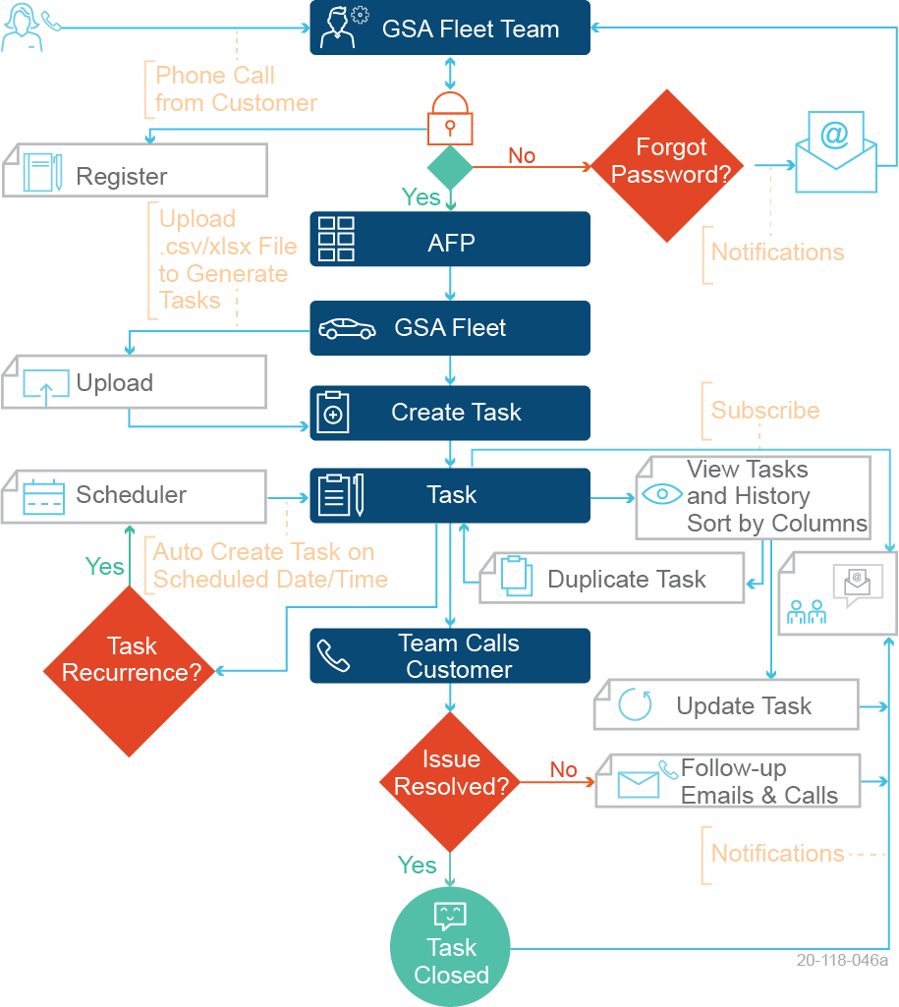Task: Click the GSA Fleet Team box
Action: point(450,28)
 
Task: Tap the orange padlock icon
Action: point(450,119)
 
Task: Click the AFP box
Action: point(450,239)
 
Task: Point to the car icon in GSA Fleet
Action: point(347,328)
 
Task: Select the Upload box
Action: point(135,382)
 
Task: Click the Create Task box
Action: point(450,413)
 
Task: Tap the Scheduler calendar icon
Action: point(43,496)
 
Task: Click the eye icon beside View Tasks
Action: point(661,494)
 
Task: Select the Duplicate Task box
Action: point(611,579)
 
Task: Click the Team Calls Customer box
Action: point(450,656)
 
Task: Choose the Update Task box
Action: point(726,704)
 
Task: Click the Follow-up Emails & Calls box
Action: point(728,782)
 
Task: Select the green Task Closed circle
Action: point(451,947)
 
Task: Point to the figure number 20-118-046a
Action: point(842,960)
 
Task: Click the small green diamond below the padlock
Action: point(450,168)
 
